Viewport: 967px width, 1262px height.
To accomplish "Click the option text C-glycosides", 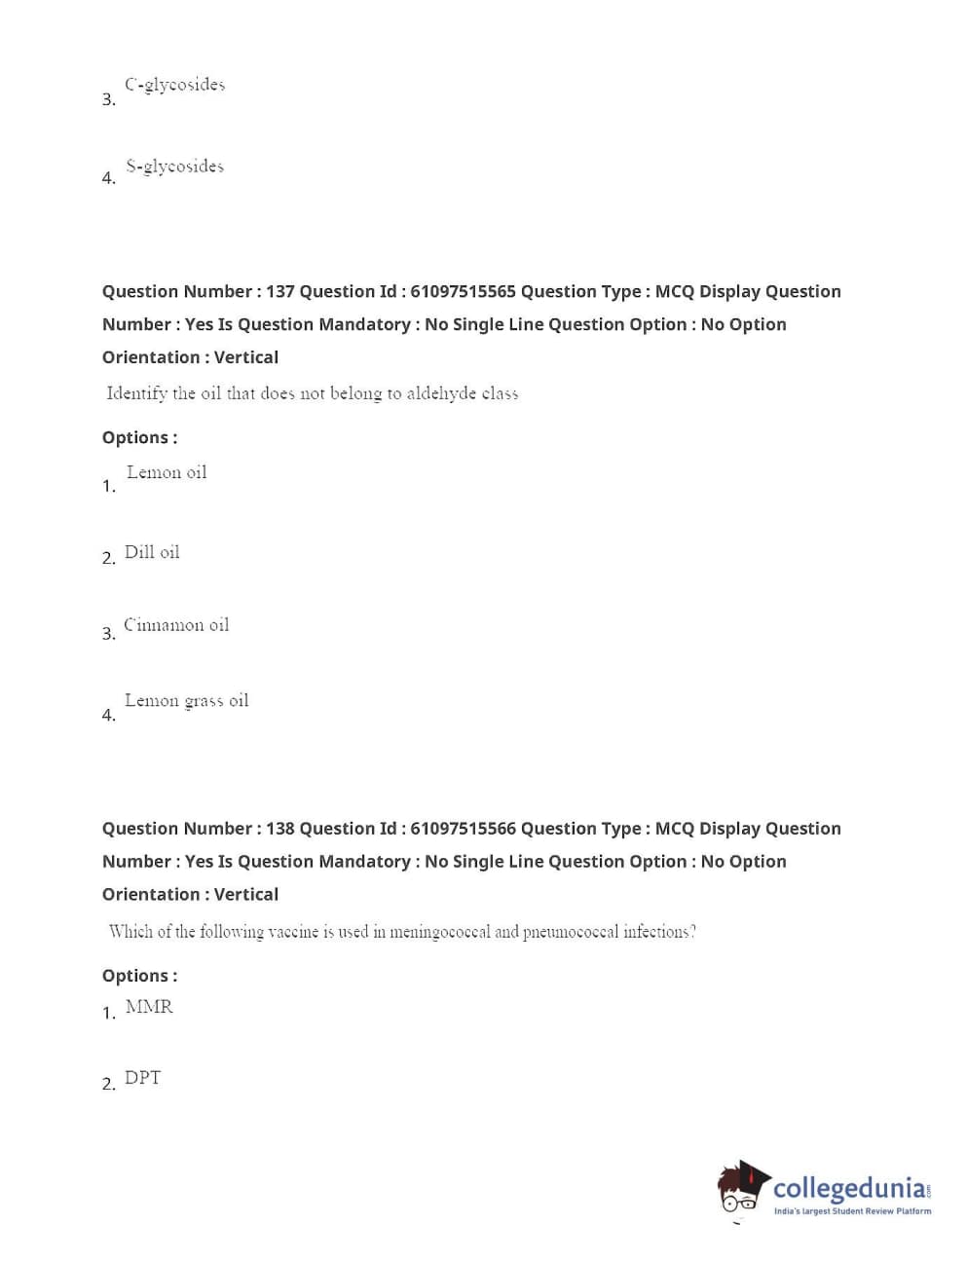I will point(174,85).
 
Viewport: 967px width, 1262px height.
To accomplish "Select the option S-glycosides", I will point(174,167).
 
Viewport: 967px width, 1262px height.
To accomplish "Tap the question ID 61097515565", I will point(463,291).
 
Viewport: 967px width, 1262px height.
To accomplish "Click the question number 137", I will point(279,291).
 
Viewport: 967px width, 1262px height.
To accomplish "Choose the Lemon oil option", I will point(167,472).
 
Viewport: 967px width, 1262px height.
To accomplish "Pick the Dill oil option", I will point(152,552).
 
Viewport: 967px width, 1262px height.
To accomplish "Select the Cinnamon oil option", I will point(176,625).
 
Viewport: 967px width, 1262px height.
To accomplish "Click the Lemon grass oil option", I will point(186,700).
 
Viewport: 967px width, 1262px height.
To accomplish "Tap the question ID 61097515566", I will point(463,829).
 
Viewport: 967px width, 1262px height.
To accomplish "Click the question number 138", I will point(279,829).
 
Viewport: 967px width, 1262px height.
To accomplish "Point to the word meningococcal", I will point(440,932).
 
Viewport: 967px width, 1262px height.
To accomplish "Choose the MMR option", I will point(149,1007).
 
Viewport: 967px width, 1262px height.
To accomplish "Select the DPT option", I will point(142,1078).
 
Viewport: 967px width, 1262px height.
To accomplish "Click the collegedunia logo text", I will point(849,1188).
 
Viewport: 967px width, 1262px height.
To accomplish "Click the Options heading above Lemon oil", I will point(139,438).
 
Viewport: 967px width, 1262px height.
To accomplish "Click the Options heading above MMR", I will point(139,976).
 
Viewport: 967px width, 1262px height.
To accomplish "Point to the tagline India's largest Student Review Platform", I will point(852,1211).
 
